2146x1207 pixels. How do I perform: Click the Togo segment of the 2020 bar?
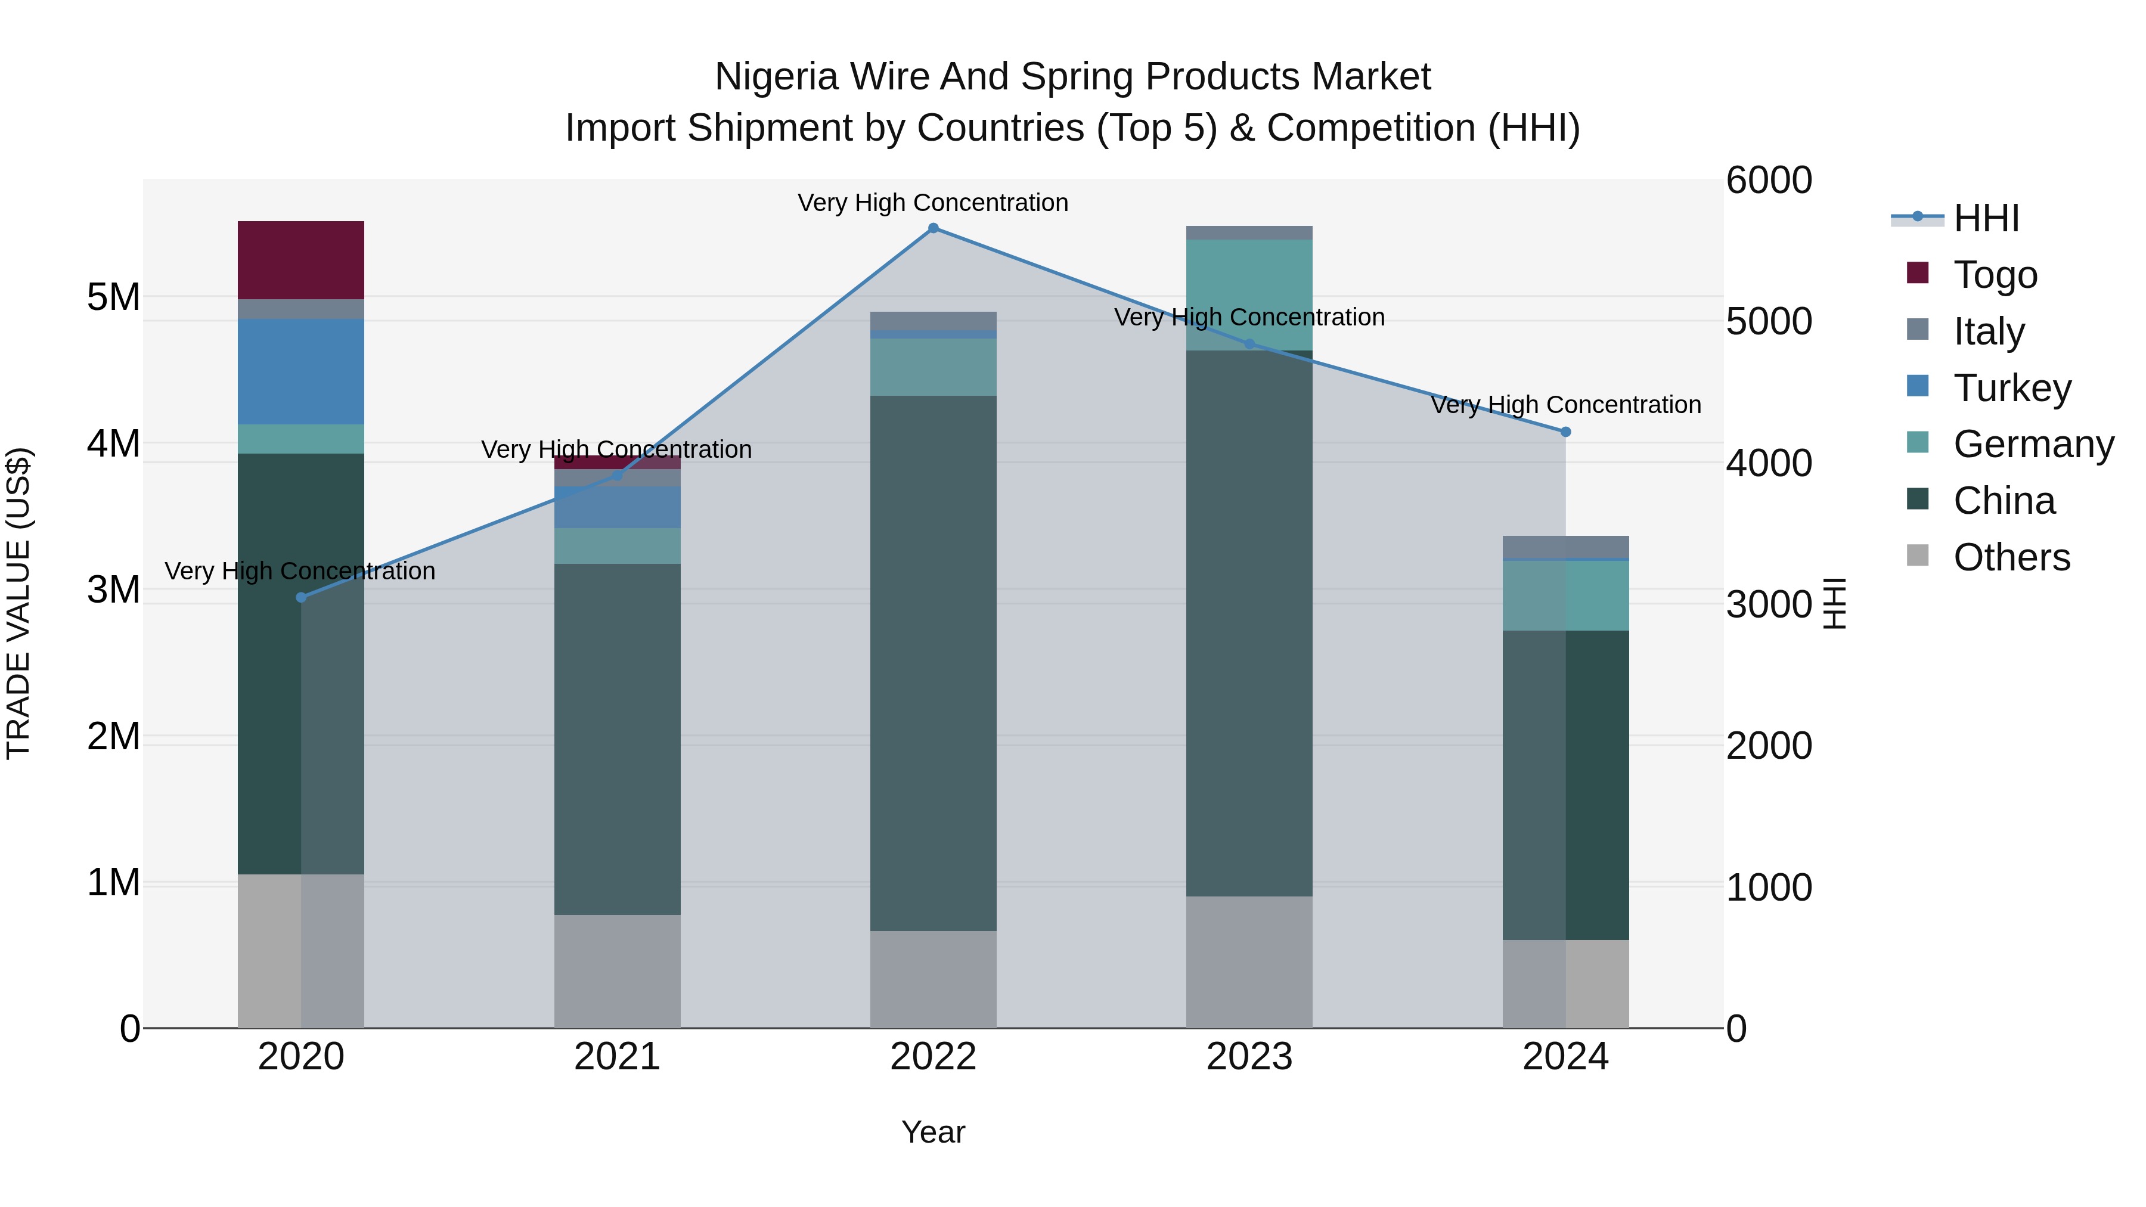(301, 260)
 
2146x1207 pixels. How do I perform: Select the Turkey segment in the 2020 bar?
(301, 371)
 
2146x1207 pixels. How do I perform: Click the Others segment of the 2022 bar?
(933, 979)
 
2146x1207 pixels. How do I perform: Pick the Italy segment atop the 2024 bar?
(1565, 547)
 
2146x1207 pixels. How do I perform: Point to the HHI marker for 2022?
(933, 228)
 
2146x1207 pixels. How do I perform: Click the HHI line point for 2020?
(302, 597)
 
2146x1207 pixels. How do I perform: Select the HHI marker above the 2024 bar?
(1565, 432)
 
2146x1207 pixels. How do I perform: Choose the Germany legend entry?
(2033, 444)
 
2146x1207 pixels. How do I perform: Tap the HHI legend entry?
(1986, 218)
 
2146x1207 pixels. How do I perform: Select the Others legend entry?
(2011, 557)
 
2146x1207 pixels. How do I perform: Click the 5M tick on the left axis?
(113, 297)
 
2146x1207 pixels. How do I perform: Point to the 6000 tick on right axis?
(1769, 181)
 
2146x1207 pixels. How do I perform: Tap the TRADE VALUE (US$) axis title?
(19, 603)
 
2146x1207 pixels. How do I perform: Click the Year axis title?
(933, 1132)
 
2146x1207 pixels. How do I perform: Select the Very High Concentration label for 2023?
(1249, 317)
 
